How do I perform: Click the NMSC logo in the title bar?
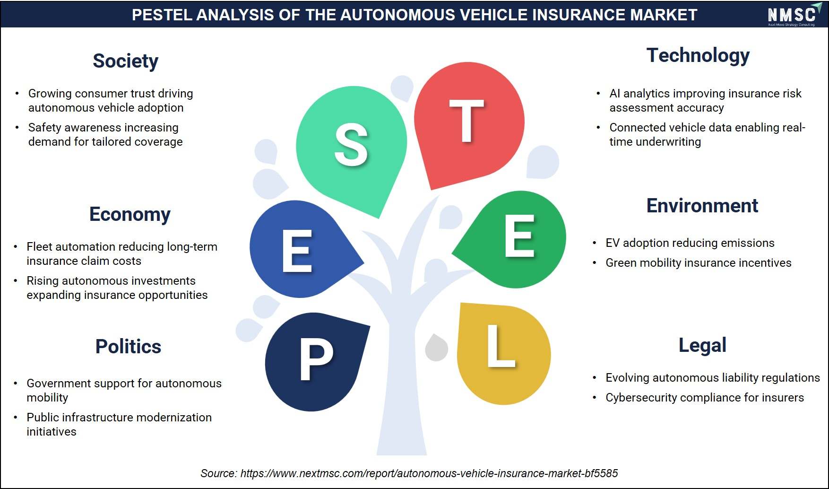click(792, 15)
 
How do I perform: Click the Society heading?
click(125, 61)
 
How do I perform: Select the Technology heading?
click(698, 56)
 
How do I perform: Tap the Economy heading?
click(130, 214)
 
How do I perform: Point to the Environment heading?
click(702, 206)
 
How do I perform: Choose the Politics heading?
click(128, 346)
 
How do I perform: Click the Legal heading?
click(702, 345)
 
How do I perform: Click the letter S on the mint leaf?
click(351, 145)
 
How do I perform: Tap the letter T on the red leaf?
click(467, 121)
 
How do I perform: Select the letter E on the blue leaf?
click(297, 251)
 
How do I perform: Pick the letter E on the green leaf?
click(519, 236)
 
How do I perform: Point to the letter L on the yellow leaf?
click(501, 346)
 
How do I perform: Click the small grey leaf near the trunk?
click(436, 348)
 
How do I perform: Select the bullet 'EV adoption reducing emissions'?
click(690, 243)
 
